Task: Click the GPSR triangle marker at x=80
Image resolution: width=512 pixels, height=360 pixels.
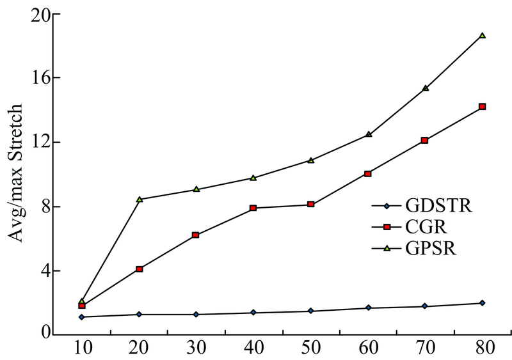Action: (x=483, y=35)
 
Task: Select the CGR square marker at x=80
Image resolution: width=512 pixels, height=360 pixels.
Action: (x=483, y=107)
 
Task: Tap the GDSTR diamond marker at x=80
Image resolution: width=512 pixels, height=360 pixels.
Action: (x=483, y=303)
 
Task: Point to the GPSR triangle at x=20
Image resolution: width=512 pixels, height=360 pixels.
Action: (x=140, y=199)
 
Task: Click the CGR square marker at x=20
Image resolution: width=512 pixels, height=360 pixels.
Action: (x=140, y=269)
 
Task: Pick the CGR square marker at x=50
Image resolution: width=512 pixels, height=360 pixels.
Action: (x=311, y=204)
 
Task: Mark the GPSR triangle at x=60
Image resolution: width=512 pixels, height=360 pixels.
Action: (x=369, y=134)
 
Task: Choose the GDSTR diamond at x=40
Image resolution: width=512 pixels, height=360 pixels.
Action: (x=254, y=313)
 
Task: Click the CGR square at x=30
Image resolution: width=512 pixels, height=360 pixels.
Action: (x=196, y=235)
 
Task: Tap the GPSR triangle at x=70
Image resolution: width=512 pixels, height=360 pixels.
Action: (x=426, y=88)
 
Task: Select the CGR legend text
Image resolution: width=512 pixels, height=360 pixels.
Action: (x=420, y=227)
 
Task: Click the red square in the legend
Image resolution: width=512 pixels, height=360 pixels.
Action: (x=386, y=227)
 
